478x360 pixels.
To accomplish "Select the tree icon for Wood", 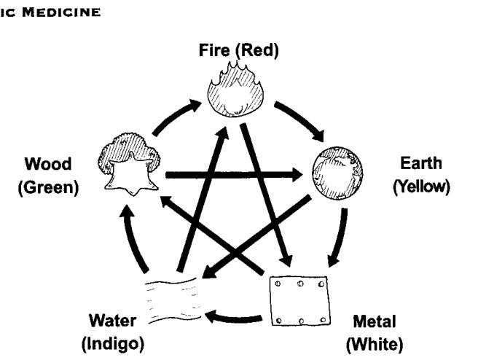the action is click(129, 164).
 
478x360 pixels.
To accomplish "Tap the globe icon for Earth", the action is click(337, 173).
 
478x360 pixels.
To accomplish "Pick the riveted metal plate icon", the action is click(300, 301).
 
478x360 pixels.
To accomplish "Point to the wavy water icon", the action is click(173, 301).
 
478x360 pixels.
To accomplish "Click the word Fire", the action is click(214, 50).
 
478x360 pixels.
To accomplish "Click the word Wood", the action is click(48, 164).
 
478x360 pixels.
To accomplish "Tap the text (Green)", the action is click(49, 187).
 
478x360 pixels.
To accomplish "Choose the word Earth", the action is click(421, 163).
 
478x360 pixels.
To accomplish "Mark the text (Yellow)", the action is click(421, 187).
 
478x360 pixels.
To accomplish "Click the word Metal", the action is click(375, 321).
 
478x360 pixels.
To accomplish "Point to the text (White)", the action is click(375, 345).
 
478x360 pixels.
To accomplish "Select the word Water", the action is click(112, 321).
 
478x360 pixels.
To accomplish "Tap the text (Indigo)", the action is click(113, 344).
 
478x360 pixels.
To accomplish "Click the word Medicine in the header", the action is click(61, 12).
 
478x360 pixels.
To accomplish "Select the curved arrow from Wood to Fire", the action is click(174, 116).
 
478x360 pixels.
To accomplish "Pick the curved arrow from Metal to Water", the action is click(233, 317).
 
